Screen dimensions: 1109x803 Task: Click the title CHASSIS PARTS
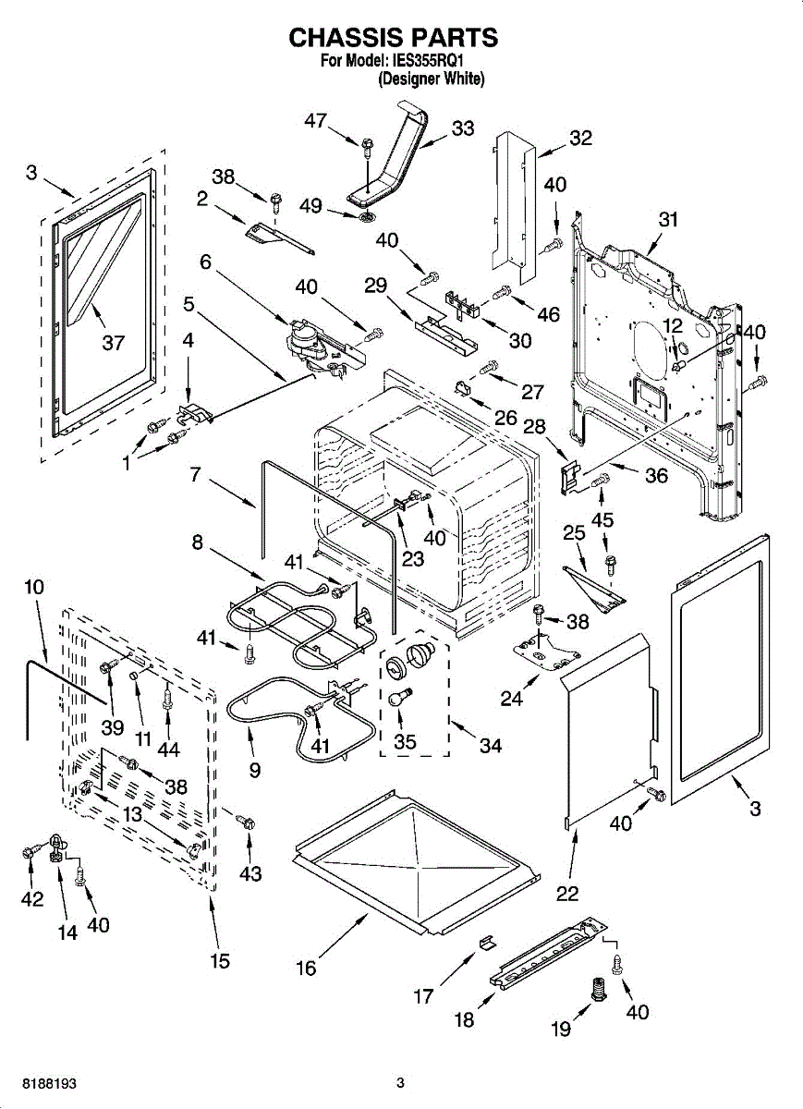pyautogui.click(x=394, y=38)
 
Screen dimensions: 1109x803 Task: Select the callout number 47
pyautogui.click(x=316, y=121)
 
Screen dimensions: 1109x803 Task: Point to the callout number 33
pyautogui.click(x=462, y=128)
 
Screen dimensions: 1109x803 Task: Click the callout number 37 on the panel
pyautogui.click(x=113, y=343)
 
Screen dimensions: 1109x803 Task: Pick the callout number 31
pyautogui.click(x=668, y=220)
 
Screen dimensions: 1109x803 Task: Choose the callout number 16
pyautogui.click(x=306, y=968)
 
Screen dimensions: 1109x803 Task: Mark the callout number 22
pyautogui.click(x=567, y=893)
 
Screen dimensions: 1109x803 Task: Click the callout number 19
pyautogui.click(x=562, y=1029)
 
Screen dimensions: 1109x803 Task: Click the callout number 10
pyautogui.click(x=34, y=586)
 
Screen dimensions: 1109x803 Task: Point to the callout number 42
pyautogui.click(x=32, y=899)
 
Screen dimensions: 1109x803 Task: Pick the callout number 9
pyautogui.click(x=255, y=768)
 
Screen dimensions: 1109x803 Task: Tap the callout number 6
pyautogui.click(x=205, y=262)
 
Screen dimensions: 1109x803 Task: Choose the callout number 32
pyautogui.click(x=580, y=139)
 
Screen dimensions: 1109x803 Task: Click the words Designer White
pyautogui.click(x=431, y=79)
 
